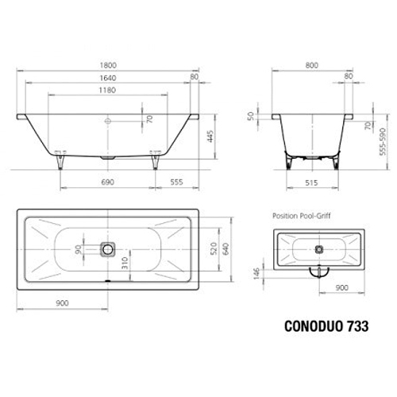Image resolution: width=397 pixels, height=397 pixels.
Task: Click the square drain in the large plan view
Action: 107,249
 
